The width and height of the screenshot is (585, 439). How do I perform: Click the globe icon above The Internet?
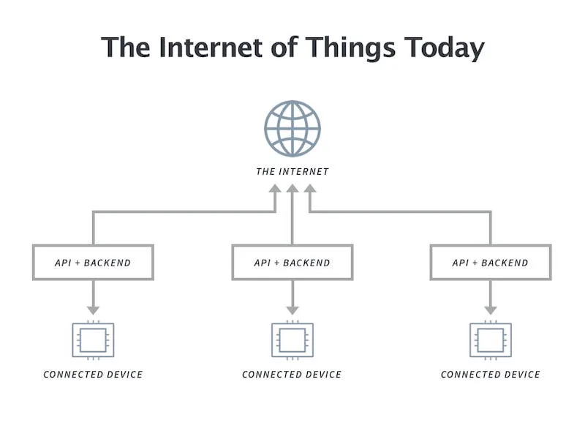(x=292, y=129)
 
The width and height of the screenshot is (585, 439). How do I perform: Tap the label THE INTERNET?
(x=292, y=172)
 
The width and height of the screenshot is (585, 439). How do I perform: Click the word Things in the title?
(x=351, y=48)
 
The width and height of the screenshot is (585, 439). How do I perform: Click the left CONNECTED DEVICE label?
(x=94, y=375)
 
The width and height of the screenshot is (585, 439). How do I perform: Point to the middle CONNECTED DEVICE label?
(x=292, y=375)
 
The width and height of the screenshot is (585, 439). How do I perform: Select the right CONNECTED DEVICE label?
(x=491, y=375)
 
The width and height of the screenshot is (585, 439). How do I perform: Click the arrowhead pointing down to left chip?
(x=94, y=310)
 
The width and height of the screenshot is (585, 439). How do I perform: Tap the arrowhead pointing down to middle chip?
(x=292, y=310)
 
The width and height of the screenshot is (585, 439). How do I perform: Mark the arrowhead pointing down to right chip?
(x=491, y=310)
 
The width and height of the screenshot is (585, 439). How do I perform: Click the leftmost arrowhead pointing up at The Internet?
(x=275, y=189)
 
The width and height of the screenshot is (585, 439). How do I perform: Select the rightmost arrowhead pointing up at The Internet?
(x=309, y=189)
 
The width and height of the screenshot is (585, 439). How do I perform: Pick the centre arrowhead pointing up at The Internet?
(x=292, y=189)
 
